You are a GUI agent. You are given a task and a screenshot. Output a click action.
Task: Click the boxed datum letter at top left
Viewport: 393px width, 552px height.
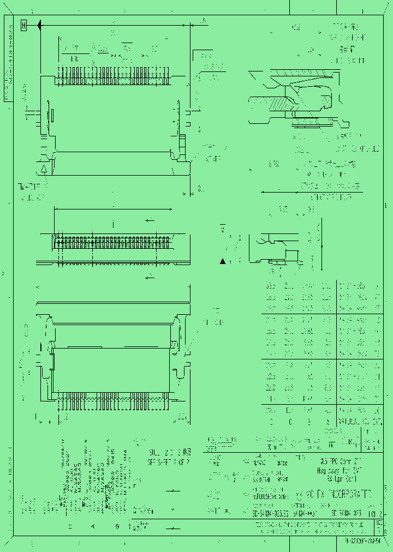23,25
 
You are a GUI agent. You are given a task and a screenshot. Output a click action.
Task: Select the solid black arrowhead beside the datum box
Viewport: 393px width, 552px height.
40,25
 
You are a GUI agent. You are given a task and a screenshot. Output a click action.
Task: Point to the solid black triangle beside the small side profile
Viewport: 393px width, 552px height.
223,262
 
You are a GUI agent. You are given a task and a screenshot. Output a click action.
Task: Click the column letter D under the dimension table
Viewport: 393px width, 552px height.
271,421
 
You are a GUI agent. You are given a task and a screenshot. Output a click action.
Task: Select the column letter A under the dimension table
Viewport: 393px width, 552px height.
326,421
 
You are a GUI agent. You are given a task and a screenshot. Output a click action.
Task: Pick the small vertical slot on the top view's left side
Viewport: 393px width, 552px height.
53,116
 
